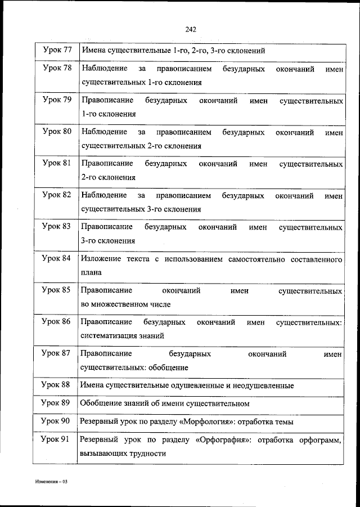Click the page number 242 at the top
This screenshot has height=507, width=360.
[x=189, y=30]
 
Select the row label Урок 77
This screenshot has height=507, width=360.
[x=57, y=50]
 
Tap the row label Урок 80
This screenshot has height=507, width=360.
[x=57, y=132]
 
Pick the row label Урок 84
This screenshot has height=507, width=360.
[x=57, y=259]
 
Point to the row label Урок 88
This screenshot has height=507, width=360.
[x=57, y=385]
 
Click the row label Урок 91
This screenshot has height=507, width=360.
[x=57, y=440]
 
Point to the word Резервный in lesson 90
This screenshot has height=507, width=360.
[x=98, y=421]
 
